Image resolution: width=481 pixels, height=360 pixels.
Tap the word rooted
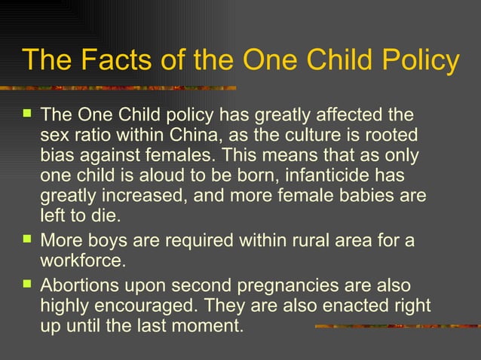tap(385, 136)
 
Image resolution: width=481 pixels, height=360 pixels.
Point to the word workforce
tap(81, 262)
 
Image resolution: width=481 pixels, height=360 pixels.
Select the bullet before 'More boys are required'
tap(28, 241)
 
